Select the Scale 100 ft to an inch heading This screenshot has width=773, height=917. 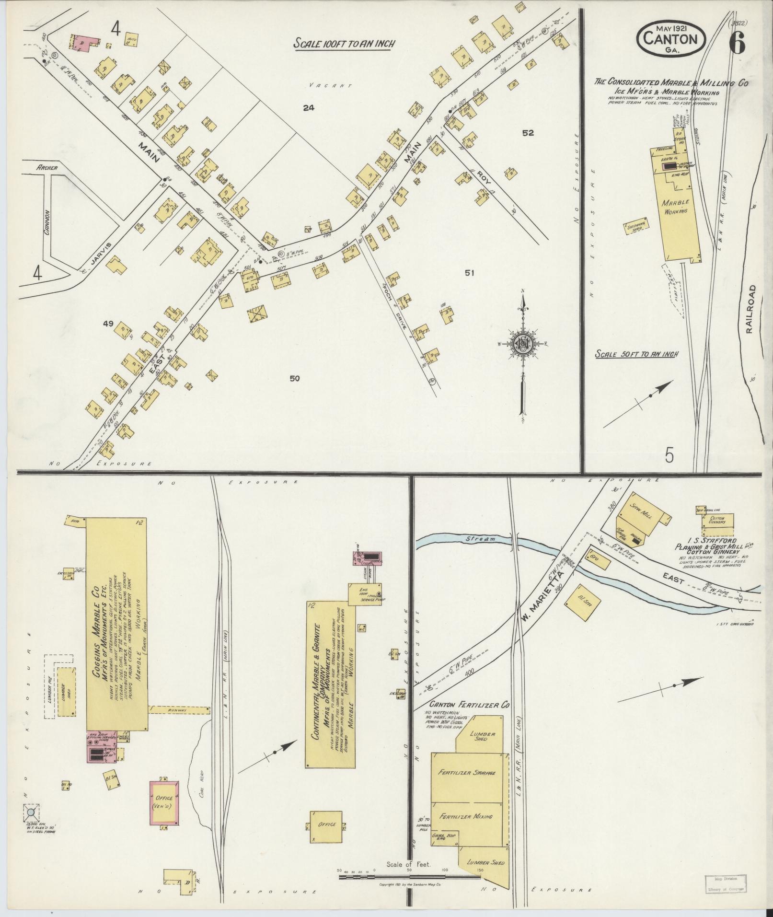345,44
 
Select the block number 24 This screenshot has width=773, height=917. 308,108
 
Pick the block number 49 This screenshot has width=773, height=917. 107,324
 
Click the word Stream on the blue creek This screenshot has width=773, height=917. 480,539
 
